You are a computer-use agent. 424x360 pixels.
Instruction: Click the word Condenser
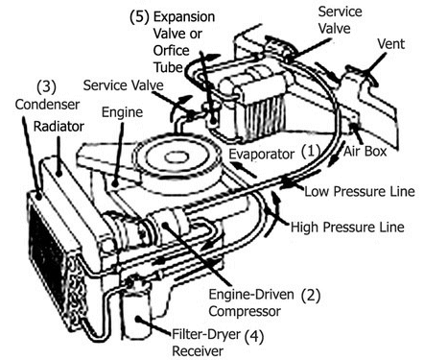(x=47, y=105)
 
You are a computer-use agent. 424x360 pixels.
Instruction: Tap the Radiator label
(x=59, y=126)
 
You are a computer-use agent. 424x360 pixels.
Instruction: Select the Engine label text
(x=122, y=112)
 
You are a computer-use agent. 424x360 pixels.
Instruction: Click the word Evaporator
(x=261, y=155)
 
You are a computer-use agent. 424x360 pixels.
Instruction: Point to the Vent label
(x=391, y=44)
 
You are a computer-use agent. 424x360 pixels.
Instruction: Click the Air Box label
(x=365, y=152)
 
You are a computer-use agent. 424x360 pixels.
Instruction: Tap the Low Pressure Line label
(x=360, y=191)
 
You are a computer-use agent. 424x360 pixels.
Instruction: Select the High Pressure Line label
(x=347, y=227)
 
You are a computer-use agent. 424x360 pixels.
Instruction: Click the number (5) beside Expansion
(x=139, y=17)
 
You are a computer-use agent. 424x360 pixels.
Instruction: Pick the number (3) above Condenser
(x=47, y=86)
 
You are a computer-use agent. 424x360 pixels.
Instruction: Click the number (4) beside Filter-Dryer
(x=254, y=336)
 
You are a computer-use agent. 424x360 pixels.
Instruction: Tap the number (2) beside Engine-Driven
(x=311, y=296)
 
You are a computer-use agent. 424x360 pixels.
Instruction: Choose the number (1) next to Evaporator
(x=311, y=151)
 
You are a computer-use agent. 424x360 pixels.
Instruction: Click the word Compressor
(x=245, y=311)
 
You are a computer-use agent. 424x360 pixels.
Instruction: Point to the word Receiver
(x=198, y=351)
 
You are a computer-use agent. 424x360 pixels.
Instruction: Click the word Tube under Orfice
(x=168, y=67)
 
